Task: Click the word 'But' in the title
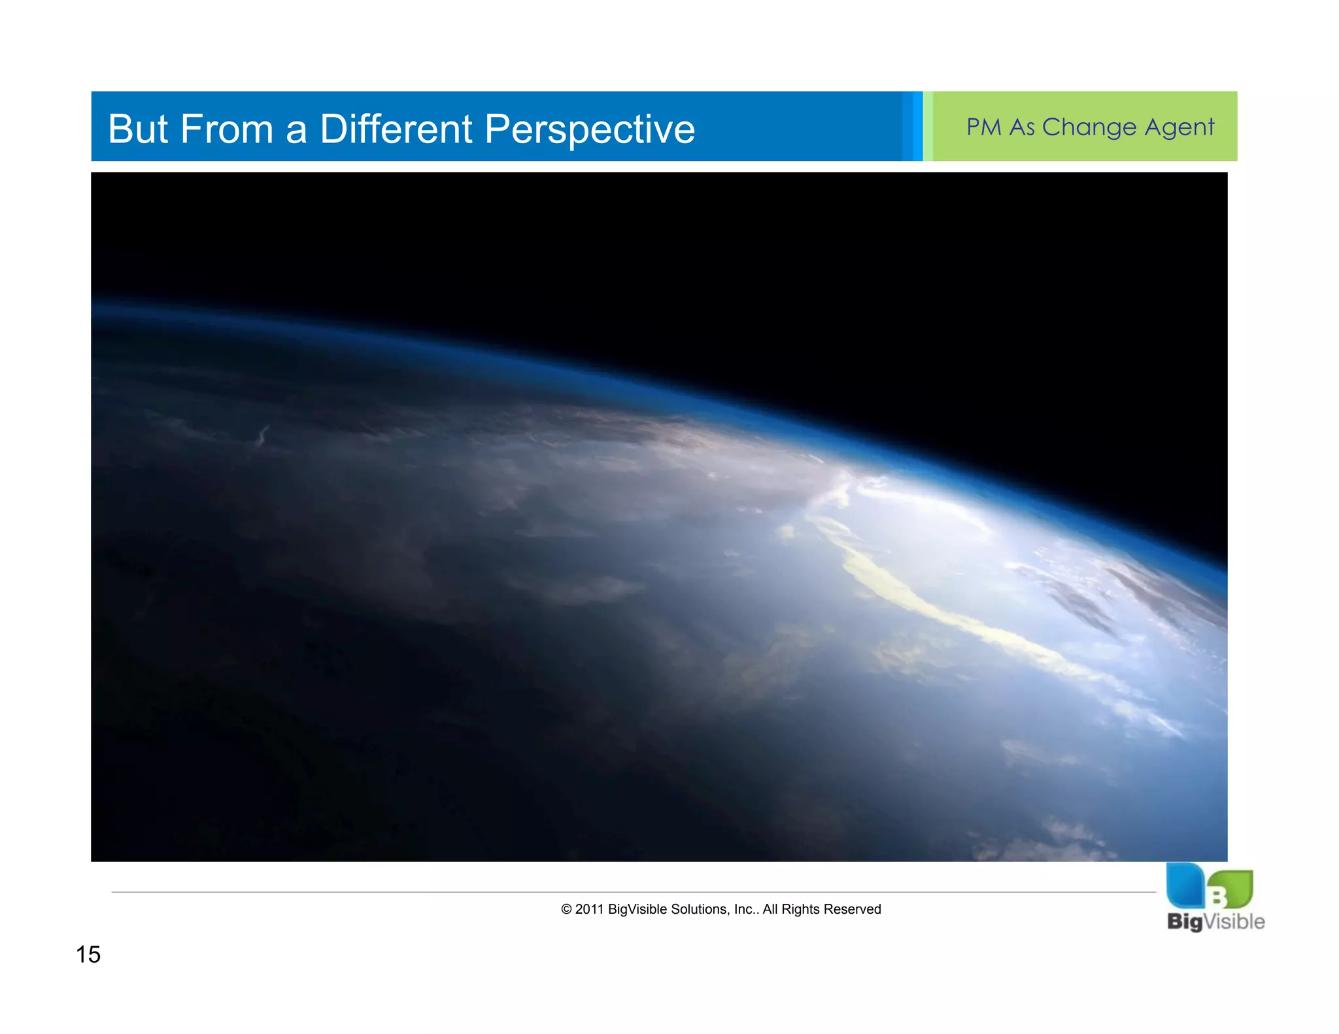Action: tap(138, 129)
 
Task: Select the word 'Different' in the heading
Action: tap(396, 129)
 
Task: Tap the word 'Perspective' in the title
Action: tap(589, 130)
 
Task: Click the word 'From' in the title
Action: tap(226, 129)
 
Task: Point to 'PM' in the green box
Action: tap(983, 127)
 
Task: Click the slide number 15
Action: tap(88, 955)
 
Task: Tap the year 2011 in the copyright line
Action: tap(589, 909)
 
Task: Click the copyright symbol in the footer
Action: tap(566, 909)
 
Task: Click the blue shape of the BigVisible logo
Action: tap(1185, 886)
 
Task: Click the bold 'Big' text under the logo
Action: tap(1185, 922)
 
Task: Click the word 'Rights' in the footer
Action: tap(801, 909)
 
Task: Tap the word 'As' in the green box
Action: tap(1022, 127)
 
